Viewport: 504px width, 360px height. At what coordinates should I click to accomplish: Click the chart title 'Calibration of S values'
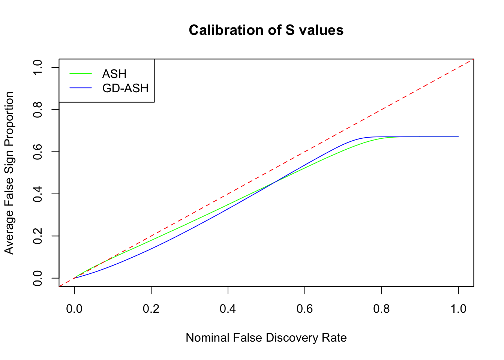click(x=266, y=30)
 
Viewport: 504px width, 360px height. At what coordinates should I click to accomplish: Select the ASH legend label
click(x=114, y=74)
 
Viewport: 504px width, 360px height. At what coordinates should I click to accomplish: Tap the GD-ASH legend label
click(x=125, y=88)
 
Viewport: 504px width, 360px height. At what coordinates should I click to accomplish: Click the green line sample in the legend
click(x=81, y=74)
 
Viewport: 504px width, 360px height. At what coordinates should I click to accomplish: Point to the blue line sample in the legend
click(x=81, y=88)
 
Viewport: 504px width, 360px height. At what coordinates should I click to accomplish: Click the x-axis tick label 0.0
click(x=74, y=309)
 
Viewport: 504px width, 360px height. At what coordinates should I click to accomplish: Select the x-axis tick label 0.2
click(x=151, y=309)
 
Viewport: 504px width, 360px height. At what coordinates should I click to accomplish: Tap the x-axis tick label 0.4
click(x=228, y=309)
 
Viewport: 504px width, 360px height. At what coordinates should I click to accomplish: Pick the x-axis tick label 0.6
click(x=305, y=309)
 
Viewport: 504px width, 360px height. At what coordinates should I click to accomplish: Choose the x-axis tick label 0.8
click(x=382, y=309)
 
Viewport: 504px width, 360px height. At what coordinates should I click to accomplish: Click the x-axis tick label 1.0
click(x=458, y=309)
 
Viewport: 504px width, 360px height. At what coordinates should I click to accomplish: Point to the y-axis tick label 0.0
click(x=37, y=278)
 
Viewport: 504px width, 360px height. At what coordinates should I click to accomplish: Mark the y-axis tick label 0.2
click(x=37, y=236)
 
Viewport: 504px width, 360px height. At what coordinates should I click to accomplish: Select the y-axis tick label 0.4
click(x=37, y=194)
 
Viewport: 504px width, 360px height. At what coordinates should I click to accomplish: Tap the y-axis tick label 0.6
click(x=37, y=151)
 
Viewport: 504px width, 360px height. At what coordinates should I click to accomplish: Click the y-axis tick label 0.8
click(x=37, y=109)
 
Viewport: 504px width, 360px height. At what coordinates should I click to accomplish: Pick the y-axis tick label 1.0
click(x=37, y=67)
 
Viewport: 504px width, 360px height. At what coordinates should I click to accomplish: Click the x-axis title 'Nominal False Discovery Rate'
click(x=266, y=338)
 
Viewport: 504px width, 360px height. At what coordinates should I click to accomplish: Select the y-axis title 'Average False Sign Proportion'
click(x=9, y=173)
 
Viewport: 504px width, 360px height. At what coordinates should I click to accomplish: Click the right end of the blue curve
click(x=458, y=137)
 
